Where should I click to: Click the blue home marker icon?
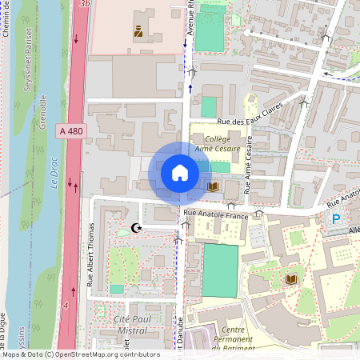click(x=180, y=172)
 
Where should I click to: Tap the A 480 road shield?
click(x=70, y=130)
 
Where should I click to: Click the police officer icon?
click(x=138, y=32)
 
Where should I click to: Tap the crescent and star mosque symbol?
click(x=137, y=229)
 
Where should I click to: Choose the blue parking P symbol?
click(x=336, y=218)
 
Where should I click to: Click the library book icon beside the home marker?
click(x=213, y=186)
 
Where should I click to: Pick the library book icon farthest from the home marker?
click(x=290, y=278)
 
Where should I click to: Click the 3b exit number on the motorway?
click(x=86, y=4)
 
